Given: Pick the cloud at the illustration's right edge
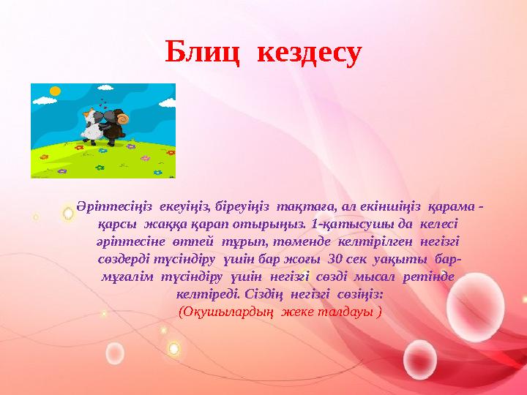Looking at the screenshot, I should tap(167, 104).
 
